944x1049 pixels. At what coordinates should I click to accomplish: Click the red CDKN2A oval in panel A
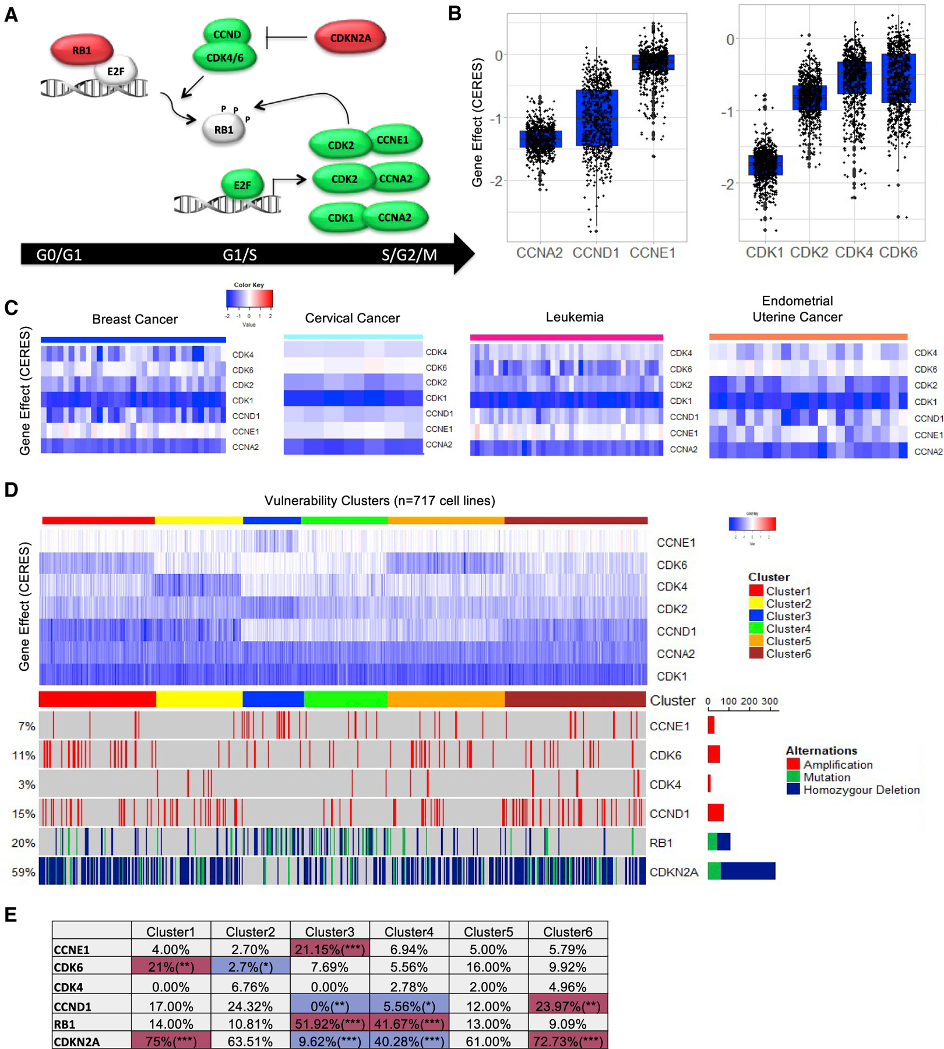coord(350,38)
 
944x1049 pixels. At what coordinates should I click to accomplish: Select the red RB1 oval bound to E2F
coord(82,50)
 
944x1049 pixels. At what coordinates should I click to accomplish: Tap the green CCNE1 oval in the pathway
coord(392,140)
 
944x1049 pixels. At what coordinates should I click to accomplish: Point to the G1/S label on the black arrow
coord(239,255)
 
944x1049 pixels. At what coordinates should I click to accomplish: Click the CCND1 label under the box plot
coord(596,253)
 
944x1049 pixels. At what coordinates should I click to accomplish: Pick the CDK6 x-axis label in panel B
coord(898,252)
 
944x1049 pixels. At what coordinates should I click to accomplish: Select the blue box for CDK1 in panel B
coord(765,165)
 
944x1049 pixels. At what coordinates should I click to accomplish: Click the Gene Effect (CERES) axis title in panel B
coord(477,122)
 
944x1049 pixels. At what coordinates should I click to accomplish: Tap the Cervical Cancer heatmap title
coord(353,318)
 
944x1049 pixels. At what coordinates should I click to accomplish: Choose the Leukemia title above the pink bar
coord(575,317)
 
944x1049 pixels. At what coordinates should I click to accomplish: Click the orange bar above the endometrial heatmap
coord(808,337)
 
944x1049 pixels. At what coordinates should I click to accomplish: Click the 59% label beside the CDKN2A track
coord(24,872)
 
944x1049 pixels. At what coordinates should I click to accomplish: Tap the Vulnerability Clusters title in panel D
coord(379,501)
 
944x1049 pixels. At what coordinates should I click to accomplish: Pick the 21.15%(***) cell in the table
coord(329,949)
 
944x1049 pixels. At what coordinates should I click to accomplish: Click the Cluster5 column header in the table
coord(488,932)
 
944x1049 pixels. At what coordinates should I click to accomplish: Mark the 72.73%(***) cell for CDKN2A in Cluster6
coord(568,1041)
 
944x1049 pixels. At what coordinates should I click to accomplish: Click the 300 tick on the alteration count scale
coord(769,701)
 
